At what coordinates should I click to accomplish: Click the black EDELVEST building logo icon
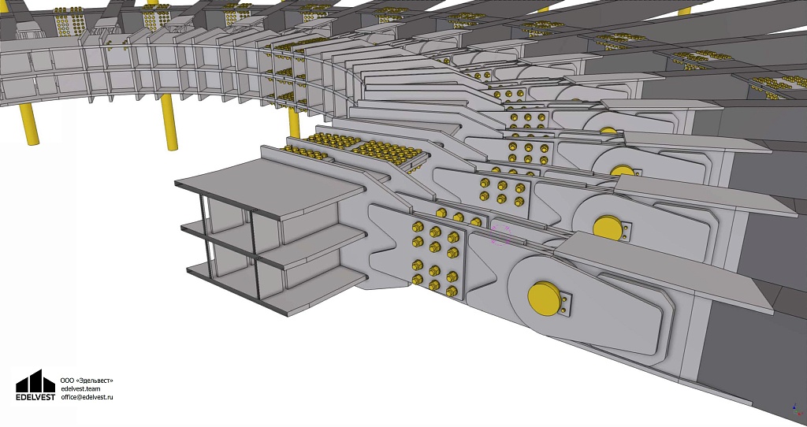35,381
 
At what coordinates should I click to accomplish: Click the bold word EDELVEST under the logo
35,397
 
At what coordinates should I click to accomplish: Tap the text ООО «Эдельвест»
87,381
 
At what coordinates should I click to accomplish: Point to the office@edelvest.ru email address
87,397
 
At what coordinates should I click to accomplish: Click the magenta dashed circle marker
500,235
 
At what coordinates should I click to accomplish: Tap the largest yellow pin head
544,299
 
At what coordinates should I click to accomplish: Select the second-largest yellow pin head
608,227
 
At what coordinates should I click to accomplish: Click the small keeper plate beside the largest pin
566,303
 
